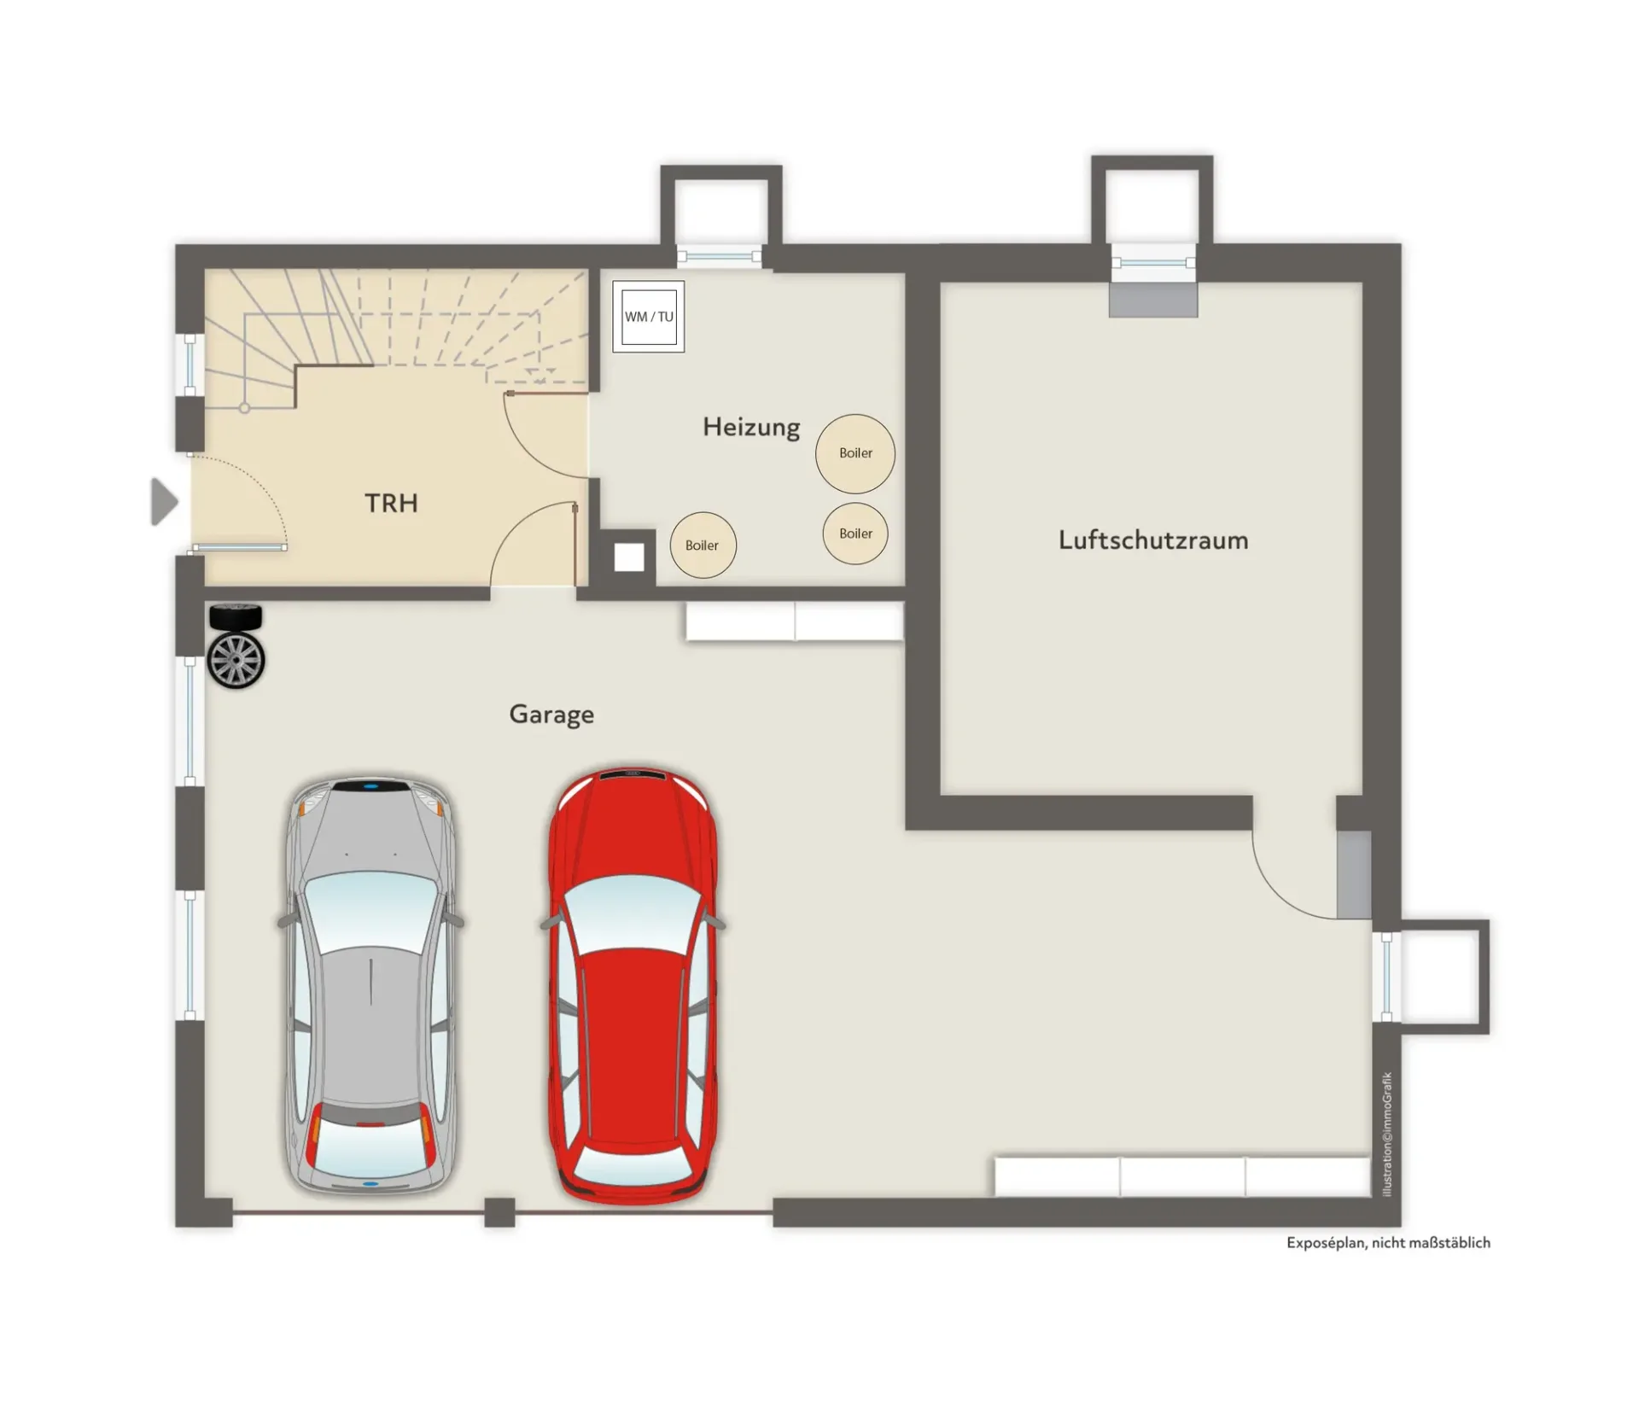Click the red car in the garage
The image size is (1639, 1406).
pos(633,986)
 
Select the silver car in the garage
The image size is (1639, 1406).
pos(370,986)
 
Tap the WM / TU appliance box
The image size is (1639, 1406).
pos(649,317)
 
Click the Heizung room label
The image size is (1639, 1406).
pos(751,427)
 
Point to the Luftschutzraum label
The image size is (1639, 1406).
pos(1153,540)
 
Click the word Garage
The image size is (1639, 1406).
pos(551,714)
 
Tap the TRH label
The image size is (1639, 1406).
pos(391,503)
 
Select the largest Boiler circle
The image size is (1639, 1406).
pos(855,453)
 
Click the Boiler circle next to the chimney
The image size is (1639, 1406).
pos(703,545)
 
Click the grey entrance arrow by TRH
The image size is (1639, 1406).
pos(164,501)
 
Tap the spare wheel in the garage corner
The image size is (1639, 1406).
pos(236,646)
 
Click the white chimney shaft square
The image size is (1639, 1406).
pos(629,557)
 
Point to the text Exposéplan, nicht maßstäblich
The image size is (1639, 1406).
pos(1388,1243)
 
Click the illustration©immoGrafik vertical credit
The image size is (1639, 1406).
pos(1387,1135)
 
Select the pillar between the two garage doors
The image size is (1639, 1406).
pos(499,1212)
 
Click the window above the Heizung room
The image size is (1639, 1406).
pos(719,256)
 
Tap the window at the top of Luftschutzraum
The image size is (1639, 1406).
pos(1153,262)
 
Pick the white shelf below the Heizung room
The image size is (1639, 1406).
pos(795,621)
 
